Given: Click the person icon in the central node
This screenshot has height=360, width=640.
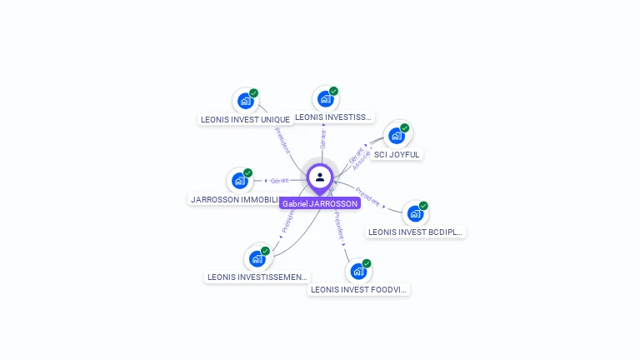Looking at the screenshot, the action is tap(320, 177).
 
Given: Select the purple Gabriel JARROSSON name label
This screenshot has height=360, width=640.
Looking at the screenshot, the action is tap(320, 203).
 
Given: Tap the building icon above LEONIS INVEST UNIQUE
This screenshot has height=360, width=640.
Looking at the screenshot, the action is tap(245, 101).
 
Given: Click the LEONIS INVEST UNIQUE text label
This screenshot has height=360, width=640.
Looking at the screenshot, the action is tap(245, 119).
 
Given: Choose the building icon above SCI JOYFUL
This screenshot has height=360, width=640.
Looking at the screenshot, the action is tap(396, 135).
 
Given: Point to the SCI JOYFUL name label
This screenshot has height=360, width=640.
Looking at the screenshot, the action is tap(397, 154).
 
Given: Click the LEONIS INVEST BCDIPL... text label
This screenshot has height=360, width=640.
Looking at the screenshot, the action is tap(415, 232).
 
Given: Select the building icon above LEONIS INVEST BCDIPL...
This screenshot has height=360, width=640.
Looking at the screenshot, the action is tap(415, 213).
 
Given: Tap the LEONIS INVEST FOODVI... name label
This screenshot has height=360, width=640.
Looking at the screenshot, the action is tap(358, 290).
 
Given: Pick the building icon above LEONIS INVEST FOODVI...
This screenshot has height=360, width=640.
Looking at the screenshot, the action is tap(358, 272).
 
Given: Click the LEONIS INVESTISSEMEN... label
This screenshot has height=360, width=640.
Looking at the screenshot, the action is tap(257, 277).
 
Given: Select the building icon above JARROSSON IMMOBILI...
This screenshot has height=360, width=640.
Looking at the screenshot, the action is tap(240, 180).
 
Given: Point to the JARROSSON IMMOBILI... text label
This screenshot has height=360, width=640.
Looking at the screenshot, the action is tap(235, 199).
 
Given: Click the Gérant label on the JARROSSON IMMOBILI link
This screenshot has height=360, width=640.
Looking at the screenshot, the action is tap(279, 180).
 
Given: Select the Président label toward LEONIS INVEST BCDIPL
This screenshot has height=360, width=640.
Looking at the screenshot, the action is tap(367, 197).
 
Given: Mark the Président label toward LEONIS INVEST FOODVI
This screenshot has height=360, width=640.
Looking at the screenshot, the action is tap(339, 226).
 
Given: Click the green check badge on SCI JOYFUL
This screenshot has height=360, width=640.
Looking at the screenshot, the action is tap(404, 128).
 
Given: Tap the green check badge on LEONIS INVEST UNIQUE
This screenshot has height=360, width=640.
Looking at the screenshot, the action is tap(253, 93).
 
